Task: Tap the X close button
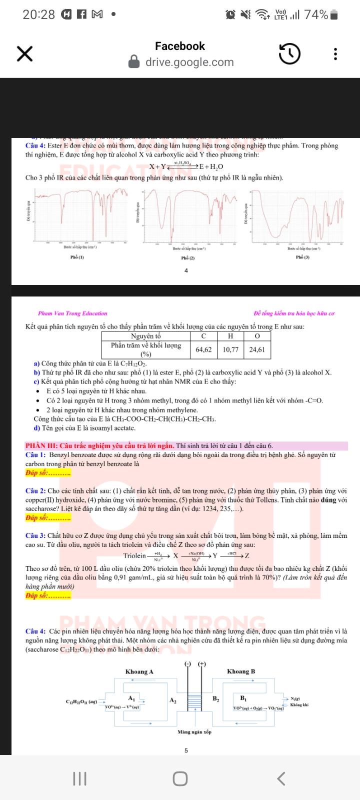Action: [24, 53]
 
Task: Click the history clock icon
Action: [289, 53]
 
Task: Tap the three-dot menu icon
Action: [335, 53]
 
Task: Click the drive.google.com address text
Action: [189, 62]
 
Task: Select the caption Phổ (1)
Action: [77, 257]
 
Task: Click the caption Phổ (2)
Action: [187, 258]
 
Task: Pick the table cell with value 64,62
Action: [203, 349]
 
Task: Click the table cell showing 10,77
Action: [230, 349]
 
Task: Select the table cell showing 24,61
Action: [257, 349]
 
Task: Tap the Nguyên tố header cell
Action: [146, 336]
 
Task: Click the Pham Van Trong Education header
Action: [73, 313]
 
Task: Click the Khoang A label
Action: [139, 671]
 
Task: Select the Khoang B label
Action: [241, 671]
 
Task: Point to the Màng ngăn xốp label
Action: [194, 732]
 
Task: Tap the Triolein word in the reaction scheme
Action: [134, 556]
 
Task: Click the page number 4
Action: [186, 270]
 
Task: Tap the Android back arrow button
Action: [281, 778]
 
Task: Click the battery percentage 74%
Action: [316, 15]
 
